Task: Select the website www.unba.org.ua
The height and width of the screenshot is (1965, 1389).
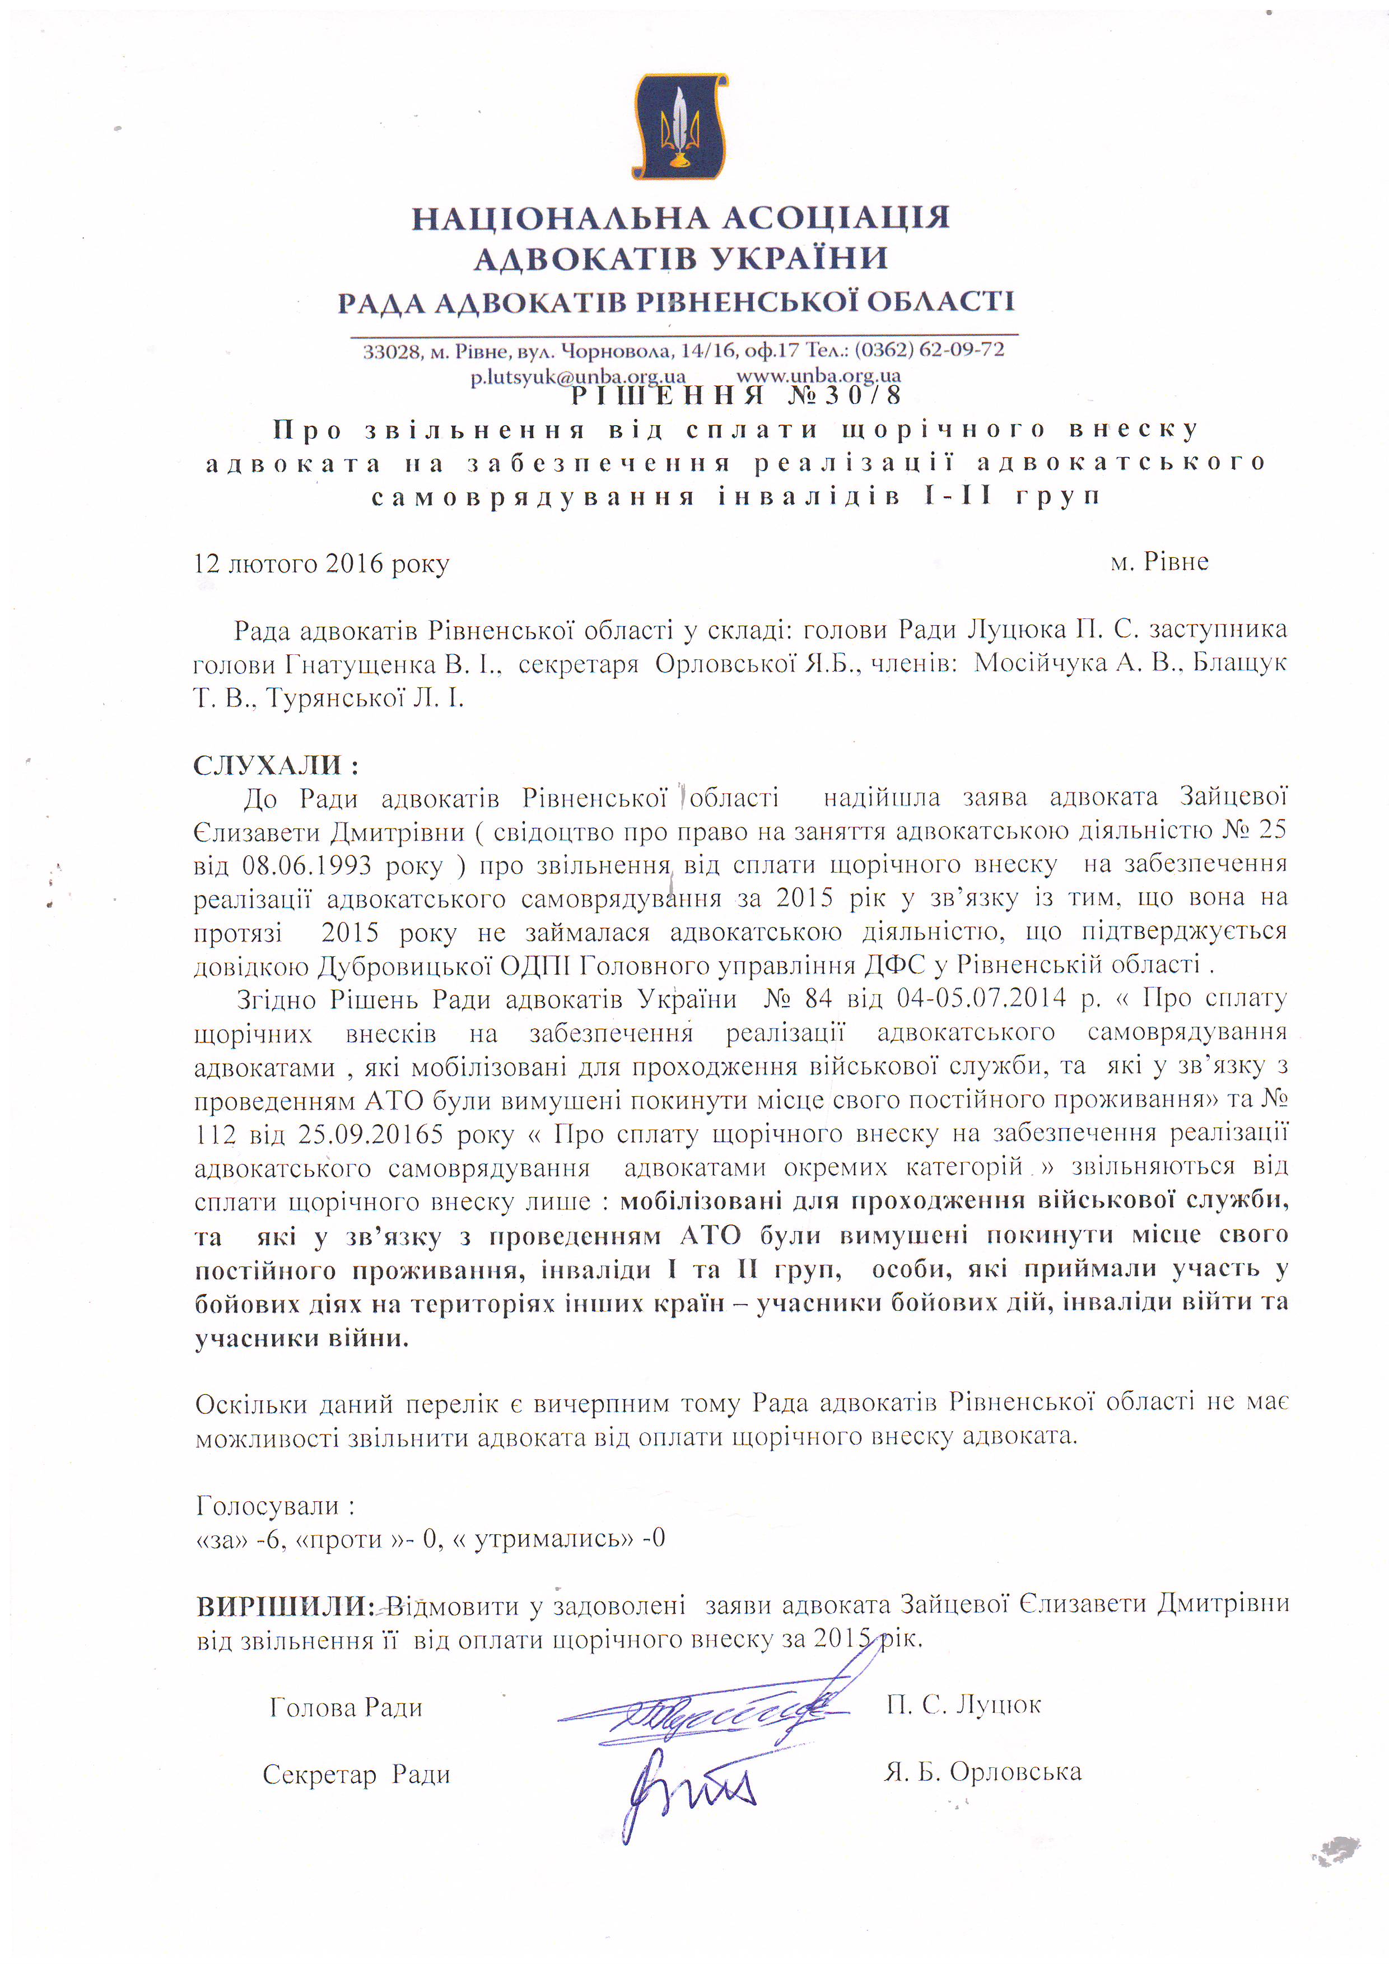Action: coord(818,375)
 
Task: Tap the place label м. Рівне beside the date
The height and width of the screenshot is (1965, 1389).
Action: coord(1159,562)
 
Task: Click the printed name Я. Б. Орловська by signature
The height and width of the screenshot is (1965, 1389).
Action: coord(982,1772)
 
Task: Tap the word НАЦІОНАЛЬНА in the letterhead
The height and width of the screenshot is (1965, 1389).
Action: coord(561,218)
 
